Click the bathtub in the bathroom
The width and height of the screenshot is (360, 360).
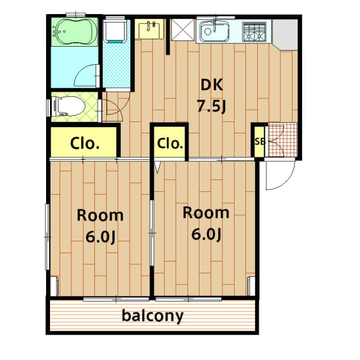tap(75, 31)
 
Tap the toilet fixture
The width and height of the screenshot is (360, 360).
tap(68, 106)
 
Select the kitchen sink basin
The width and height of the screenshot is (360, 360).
tap(214, 31)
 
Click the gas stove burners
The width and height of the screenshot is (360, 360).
tap(254, 31)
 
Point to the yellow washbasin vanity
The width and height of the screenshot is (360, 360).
tap(149, 29)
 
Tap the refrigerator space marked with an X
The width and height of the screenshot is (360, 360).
tap(183, 30)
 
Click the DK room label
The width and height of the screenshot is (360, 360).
tap(211, 85)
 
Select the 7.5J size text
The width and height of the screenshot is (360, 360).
tap(211, 106)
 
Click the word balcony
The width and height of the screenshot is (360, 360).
tap(152, 316)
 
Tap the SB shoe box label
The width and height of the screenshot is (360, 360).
tap(260, 142)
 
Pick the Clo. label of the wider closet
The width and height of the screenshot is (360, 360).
tap(85, 143)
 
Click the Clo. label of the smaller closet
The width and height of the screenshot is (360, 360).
tap(170, 143)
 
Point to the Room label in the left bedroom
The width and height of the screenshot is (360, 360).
tap(100, 215)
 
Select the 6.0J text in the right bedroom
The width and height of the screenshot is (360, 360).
tap(206, 234)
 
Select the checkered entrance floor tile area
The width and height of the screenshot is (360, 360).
tap(282, 140)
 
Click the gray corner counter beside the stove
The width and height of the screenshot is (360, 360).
tap(285, 34)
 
